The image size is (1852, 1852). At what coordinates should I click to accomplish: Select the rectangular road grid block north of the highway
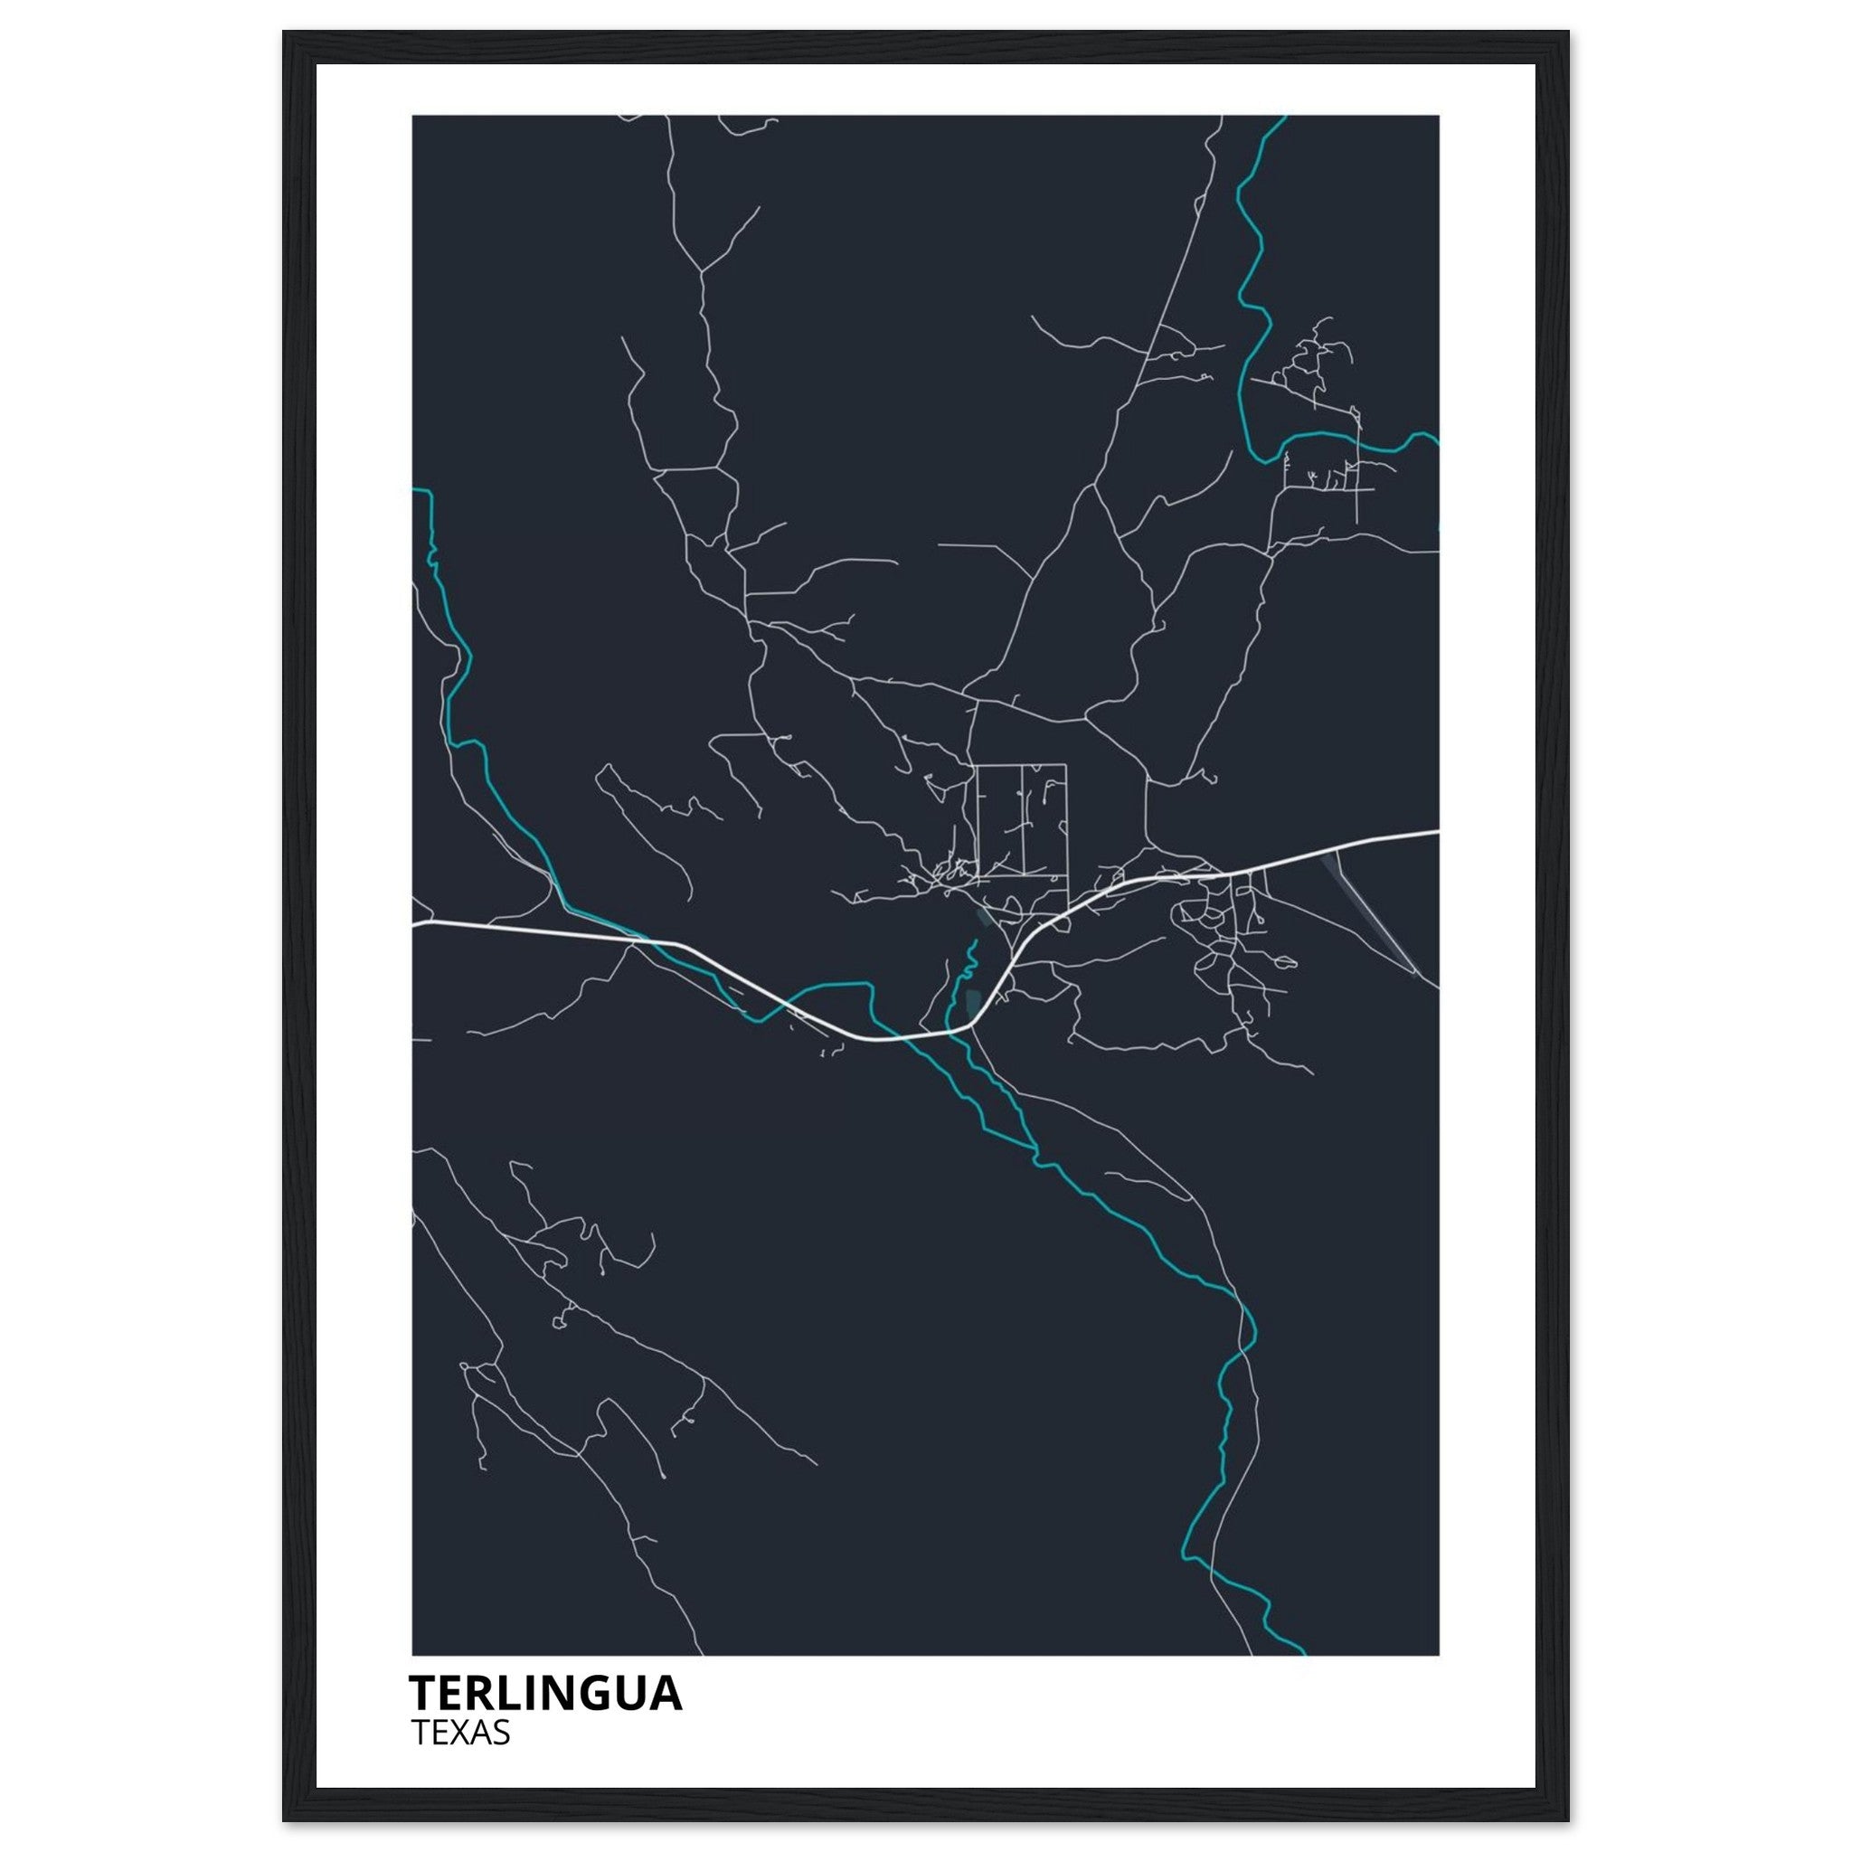click(1021, 819)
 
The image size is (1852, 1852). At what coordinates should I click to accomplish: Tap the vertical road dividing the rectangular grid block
click(1024, 819)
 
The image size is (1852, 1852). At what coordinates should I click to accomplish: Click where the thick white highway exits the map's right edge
click(1437, 832)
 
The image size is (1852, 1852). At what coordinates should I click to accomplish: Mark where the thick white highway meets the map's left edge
click(414, 925)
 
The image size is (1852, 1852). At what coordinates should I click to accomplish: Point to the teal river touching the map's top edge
click(1282, 118)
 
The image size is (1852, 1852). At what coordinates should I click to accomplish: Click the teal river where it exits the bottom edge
click(1302, 1653)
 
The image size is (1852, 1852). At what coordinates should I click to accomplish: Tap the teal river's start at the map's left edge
click(415, 490)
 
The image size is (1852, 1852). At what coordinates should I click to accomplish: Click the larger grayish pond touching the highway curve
click(974, 1003)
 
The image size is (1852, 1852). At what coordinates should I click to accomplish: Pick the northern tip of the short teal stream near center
click(973, 944)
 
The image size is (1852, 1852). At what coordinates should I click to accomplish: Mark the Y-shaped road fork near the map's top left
click(703, 271)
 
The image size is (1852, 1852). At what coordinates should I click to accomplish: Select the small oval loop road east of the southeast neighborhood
click(1283, 962)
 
